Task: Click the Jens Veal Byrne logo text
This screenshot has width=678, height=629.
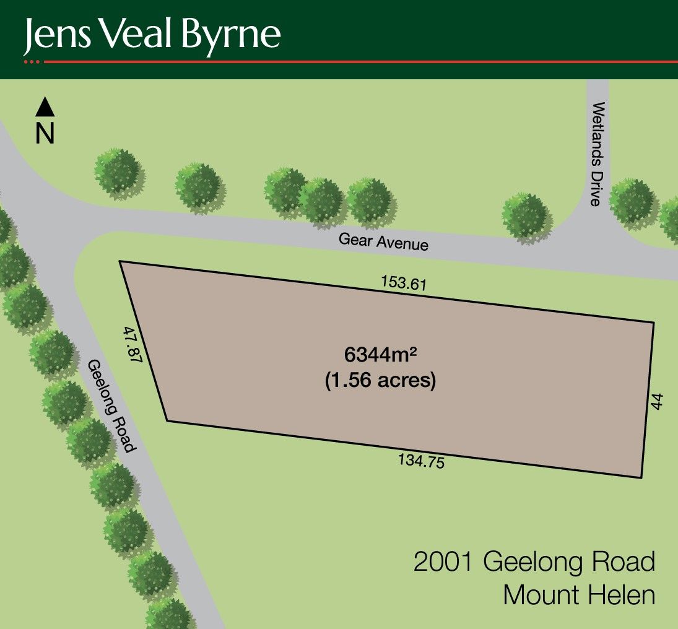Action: pyautogui.click(x=152, y=35)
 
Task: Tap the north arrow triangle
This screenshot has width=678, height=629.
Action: pyautogui.click(x=45, y=108)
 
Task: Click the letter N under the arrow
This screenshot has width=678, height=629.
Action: pyautogui.click(x=45, y=133)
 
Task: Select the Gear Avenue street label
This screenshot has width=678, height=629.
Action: pyautogui.click(x=383, y=241)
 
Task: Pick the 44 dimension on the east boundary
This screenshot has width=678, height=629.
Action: pyautogui.click(x=658, y=401)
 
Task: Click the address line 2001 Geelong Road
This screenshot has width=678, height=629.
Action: pyautogui.click(x=534, y=563)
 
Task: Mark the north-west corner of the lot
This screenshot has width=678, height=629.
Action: pyautogui.click(x=120, y=261)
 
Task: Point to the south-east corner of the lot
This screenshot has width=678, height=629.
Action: pyautogui.click(x=641, y=477)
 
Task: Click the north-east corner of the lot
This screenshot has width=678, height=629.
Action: pyautogui.click(x=654, y=322)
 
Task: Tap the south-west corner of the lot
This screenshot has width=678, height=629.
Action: pyautogui.click(x=167, y=421)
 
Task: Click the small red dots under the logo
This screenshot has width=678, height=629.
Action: pyautogui.click(x=32, y=62)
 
